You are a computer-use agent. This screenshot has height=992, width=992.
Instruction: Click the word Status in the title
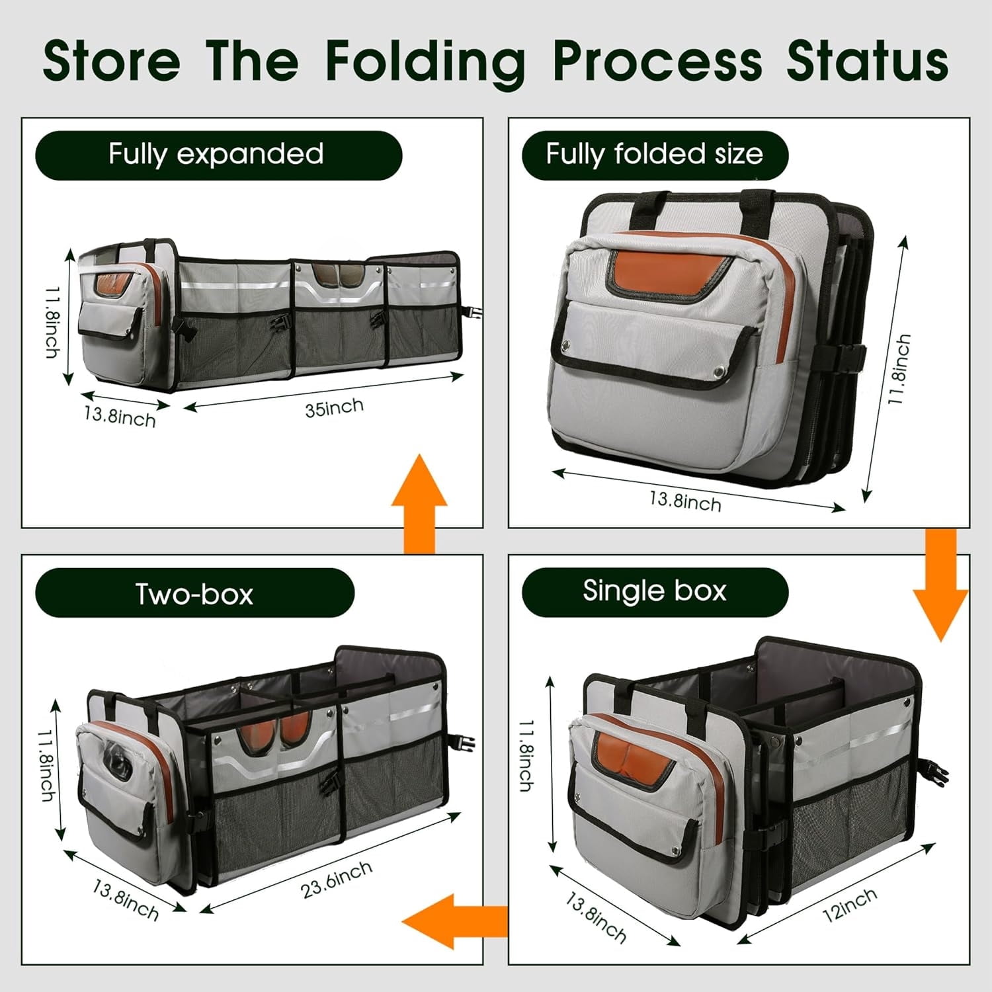click(x=867, y=61)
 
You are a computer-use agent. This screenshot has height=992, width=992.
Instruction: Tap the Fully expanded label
click(x=216, y=155)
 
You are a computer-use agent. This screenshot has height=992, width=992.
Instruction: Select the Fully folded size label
click(x=654, y=155)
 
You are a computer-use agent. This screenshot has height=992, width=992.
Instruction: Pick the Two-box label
click(x=194, y=593)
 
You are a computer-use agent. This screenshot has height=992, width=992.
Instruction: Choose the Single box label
click(x=654, y=591)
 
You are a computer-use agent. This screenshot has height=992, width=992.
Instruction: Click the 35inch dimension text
click(x=334, y=407)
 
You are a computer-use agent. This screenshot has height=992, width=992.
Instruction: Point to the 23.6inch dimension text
click(x=337, y=880)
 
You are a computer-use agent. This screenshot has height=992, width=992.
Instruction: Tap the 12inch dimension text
click(x=850, y=905)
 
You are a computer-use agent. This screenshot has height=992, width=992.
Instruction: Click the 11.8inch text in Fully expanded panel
click(x=52, y=322)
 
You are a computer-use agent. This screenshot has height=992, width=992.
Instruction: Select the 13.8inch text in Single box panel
click(x=595, y=917)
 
